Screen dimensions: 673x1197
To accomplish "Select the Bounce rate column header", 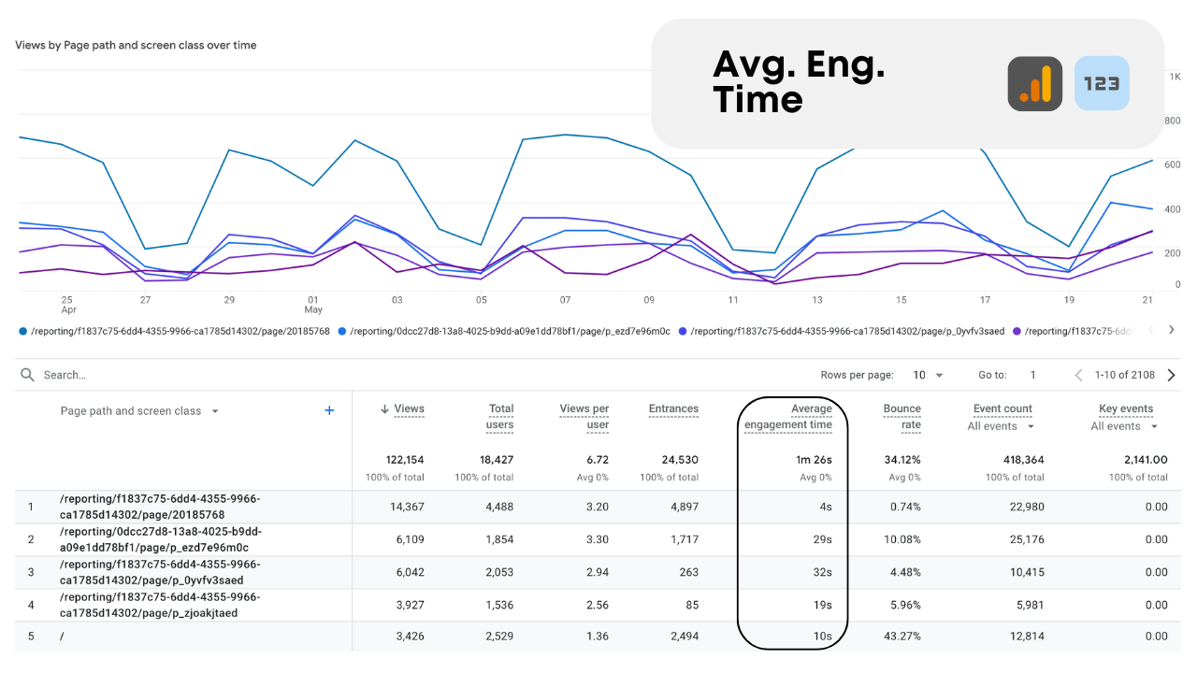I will (901, 416).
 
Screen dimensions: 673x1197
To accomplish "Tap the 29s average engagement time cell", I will (821, 539).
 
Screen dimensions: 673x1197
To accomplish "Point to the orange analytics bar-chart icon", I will (1034, 84).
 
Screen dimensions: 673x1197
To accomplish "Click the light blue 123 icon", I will (1102, 84).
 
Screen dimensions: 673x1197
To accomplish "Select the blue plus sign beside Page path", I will (329, 410).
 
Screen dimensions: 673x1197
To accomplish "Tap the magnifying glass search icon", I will (27, 375).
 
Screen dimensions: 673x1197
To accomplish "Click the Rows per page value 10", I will (919, 375).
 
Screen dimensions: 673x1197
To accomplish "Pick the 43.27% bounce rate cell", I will (902, 637).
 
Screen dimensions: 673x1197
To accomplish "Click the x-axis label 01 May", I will (313, 305).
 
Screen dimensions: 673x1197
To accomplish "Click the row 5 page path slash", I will (62, 637).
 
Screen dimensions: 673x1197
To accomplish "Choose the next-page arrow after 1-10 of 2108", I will (1171, 375).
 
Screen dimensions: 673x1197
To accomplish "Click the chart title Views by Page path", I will (136, 45).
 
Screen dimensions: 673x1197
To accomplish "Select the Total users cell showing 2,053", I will (494, 572).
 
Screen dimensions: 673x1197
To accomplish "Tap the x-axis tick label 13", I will (817, 300).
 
